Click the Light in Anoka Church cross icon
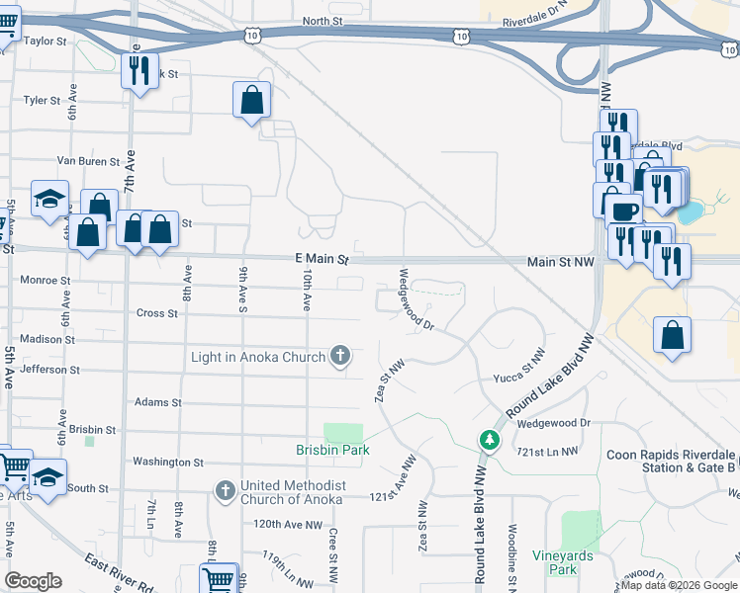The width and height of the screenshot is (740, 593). (341, 357)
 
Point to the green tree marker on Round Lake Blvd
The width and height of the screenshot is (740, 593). (488, 439)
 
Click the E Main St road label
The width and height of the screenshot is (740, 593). (323, 259)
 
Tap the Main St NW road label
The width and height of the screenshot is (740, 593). (560, 262)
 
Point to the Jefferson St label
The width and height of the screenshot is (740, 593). (48, 370)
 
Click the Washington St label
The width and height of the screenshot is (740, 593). (167, 462)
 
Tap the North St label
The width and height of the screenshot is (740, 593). (322, 21)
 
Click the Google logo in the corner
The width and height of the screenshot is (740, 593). (33, 581)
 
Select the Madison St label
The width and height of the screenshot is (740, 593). (41, 339)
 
